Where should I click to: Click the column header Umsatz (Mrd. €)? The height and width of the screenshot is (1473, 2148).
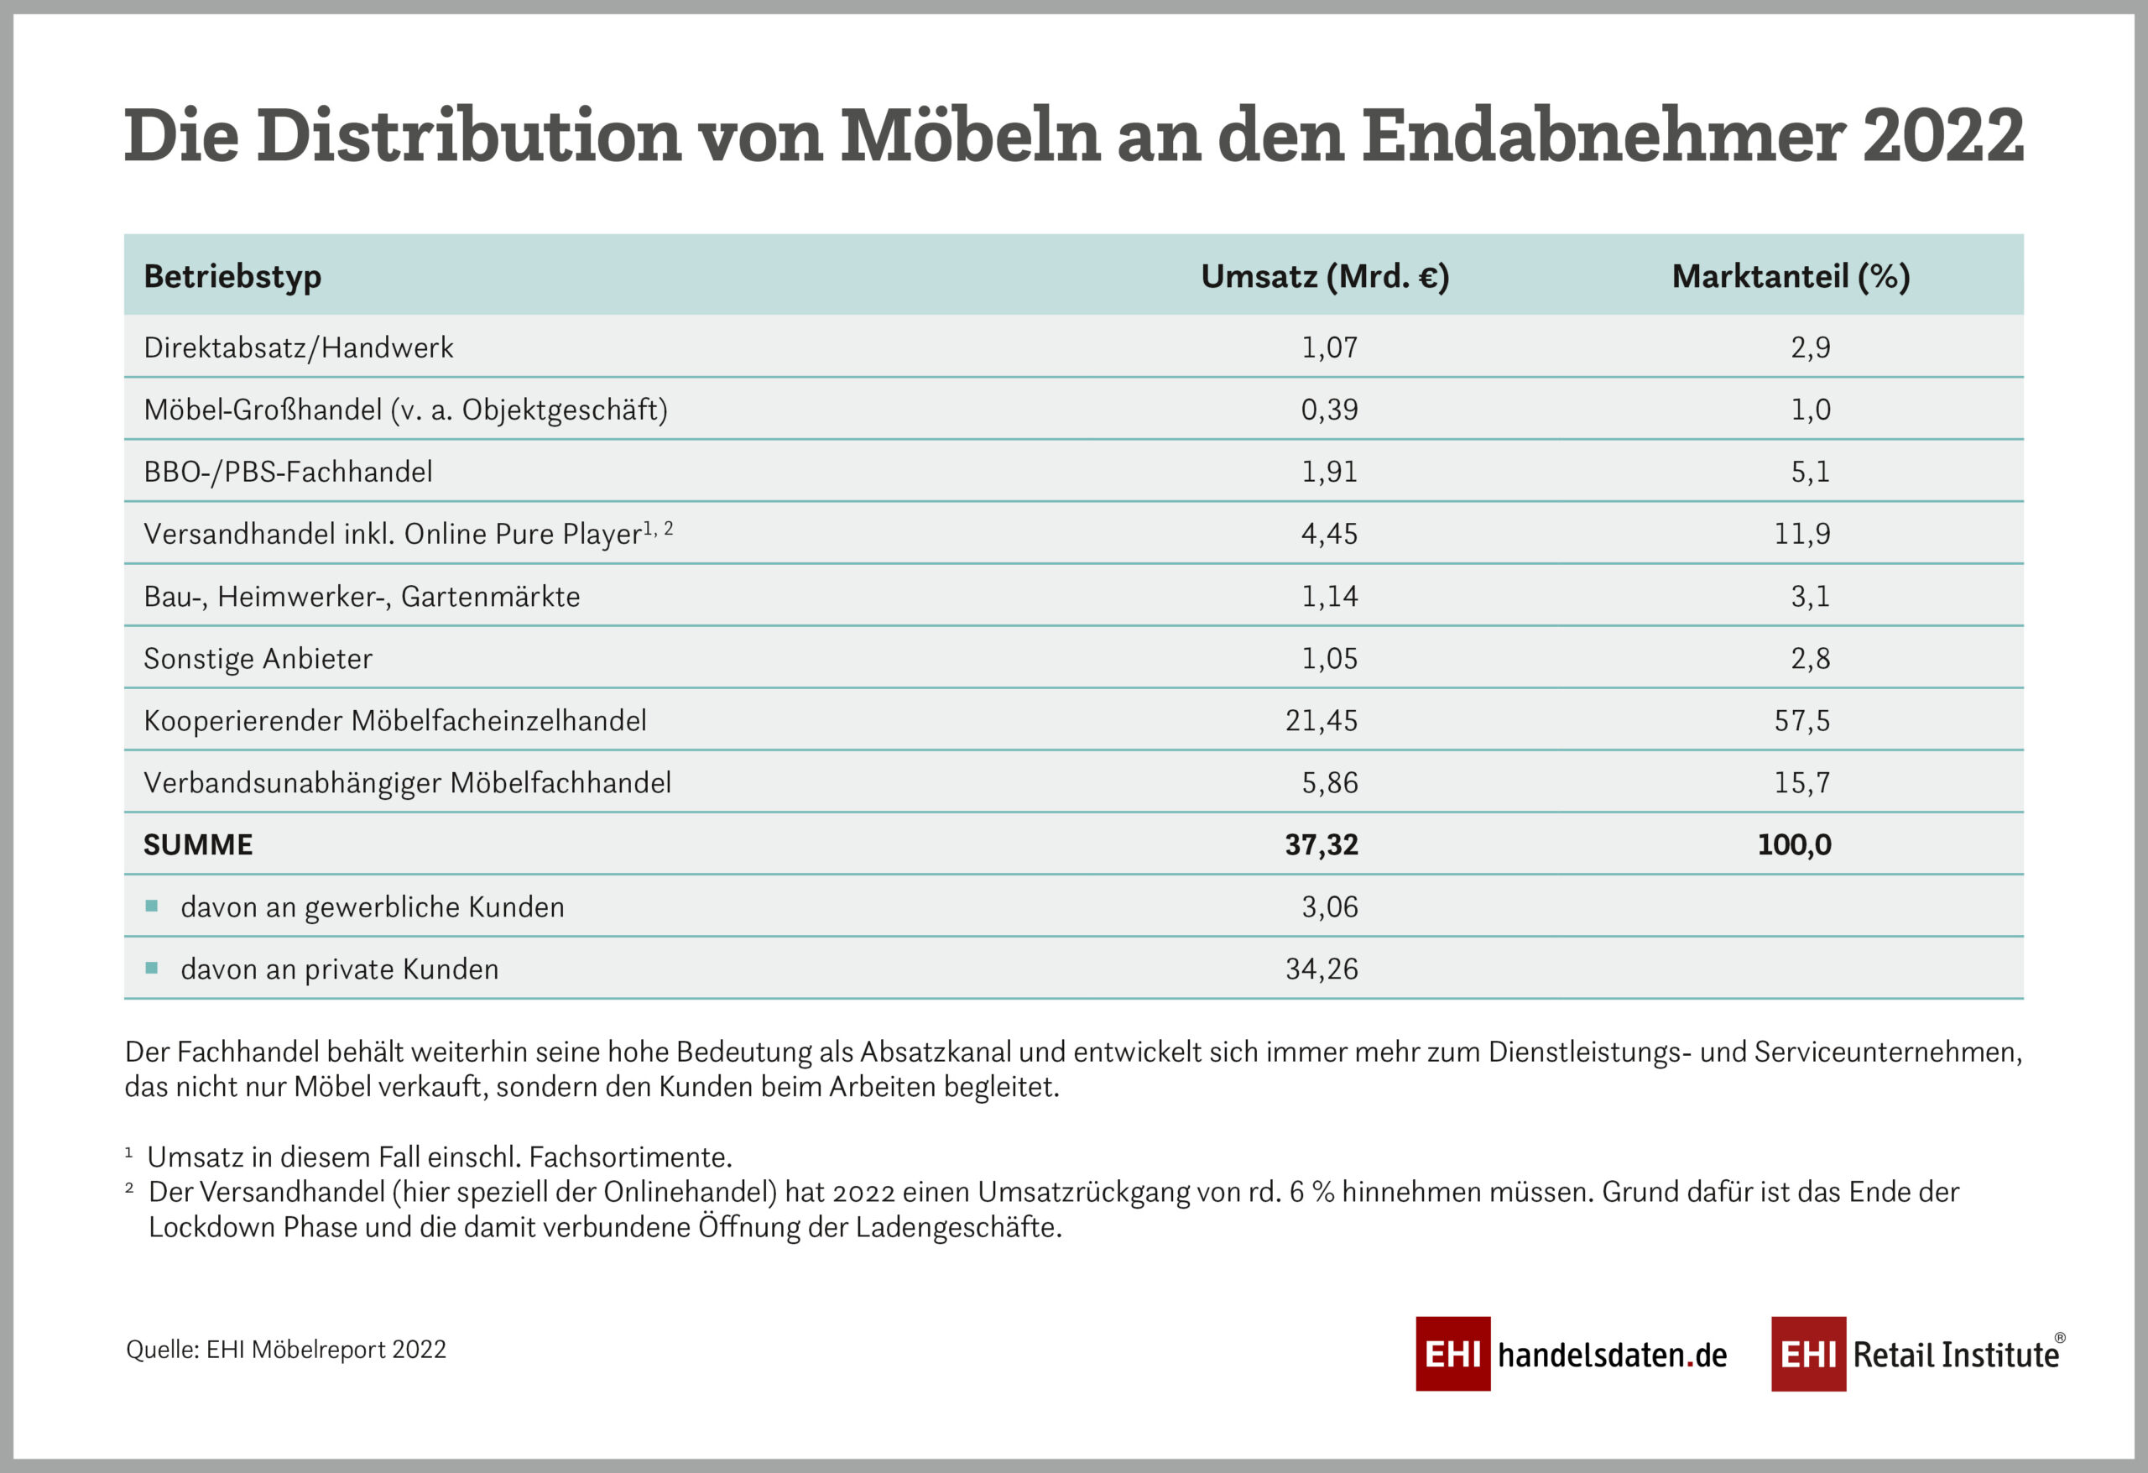tap(1325, 276)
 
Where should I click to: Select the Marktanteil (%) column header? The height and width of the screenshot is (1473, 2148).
tap(1791, 276)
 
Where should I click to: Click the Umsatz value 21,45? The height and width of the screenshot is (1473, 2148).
tap(1321, 720)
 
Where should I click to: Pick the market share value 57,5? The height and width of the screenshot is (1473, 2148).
tap(1801, 720)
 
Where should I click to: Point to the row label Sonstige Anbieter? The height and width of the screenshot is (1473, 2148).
tap(258, 658)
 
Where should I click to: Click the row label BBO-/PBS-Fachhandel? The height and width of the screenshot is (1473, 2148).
tap(288, 472)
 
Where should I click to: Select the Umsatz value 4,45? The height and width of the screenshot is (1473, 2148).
tap(1329, 534)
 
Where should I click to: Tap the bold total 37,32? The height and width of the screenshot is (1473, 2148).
tap(1321, 844)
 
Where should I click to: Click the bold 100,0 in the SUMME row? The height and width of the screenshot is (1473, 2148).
tap(1794, 844)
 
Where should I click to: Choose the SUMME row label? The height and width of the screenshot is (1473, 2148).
tap(198, 844)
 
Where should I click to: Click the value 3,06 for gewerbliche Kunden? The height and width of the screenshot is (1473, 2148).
tap(1330, 907)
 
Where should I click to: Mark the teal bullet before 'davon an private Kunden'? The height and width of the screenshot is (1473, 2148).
tap(152, 968)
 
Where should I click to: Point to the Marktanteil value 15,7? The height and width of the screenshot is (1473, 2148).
tap(1801, 782)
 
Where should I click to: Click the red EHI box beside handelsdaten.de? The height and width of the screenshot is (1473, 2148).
tap(1453, 1354)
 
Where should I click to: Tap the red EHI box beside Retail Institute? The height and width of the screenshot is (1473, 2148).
tap(1808, 1354)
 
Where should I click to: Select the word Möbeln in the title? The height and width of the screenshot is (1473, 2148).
tap(971, 136)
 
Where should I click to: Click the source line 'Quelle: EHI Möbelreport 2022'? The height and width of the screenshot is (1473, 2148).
tap(285, 1349)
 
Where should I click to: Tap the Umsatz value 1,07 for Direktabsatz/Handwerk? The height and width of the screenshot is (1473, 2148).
tap(1329, 347)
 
